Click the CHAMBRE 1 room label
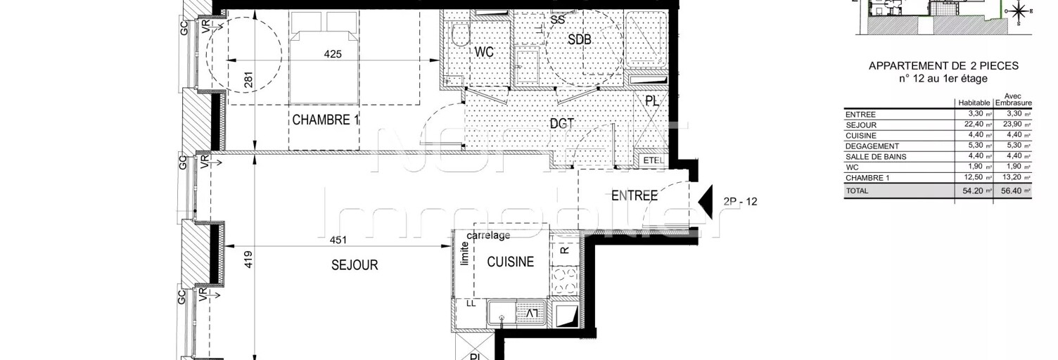tap(326, 120)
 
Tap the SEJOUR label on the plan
tap(355, 265)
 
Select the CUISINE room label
tap(511, 262)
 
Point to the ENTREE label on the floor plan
tap(634, 196)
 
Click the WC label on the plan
tap(484, 53)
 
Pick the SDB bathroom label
tap(579, 40)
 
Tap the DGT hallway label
tap(562, 124)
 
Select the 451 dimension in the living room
tap(338, 240)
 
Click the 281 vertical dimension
tap(248, 81)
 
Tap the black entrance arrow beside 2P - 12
tap(706, 202)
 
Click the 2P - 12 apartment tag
tap(739, 202)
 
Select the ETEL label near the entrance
tap(654, 161)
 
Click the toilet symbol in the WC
tap(461, 33)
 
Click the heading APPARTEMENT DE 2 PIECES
tap(943, 65)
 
